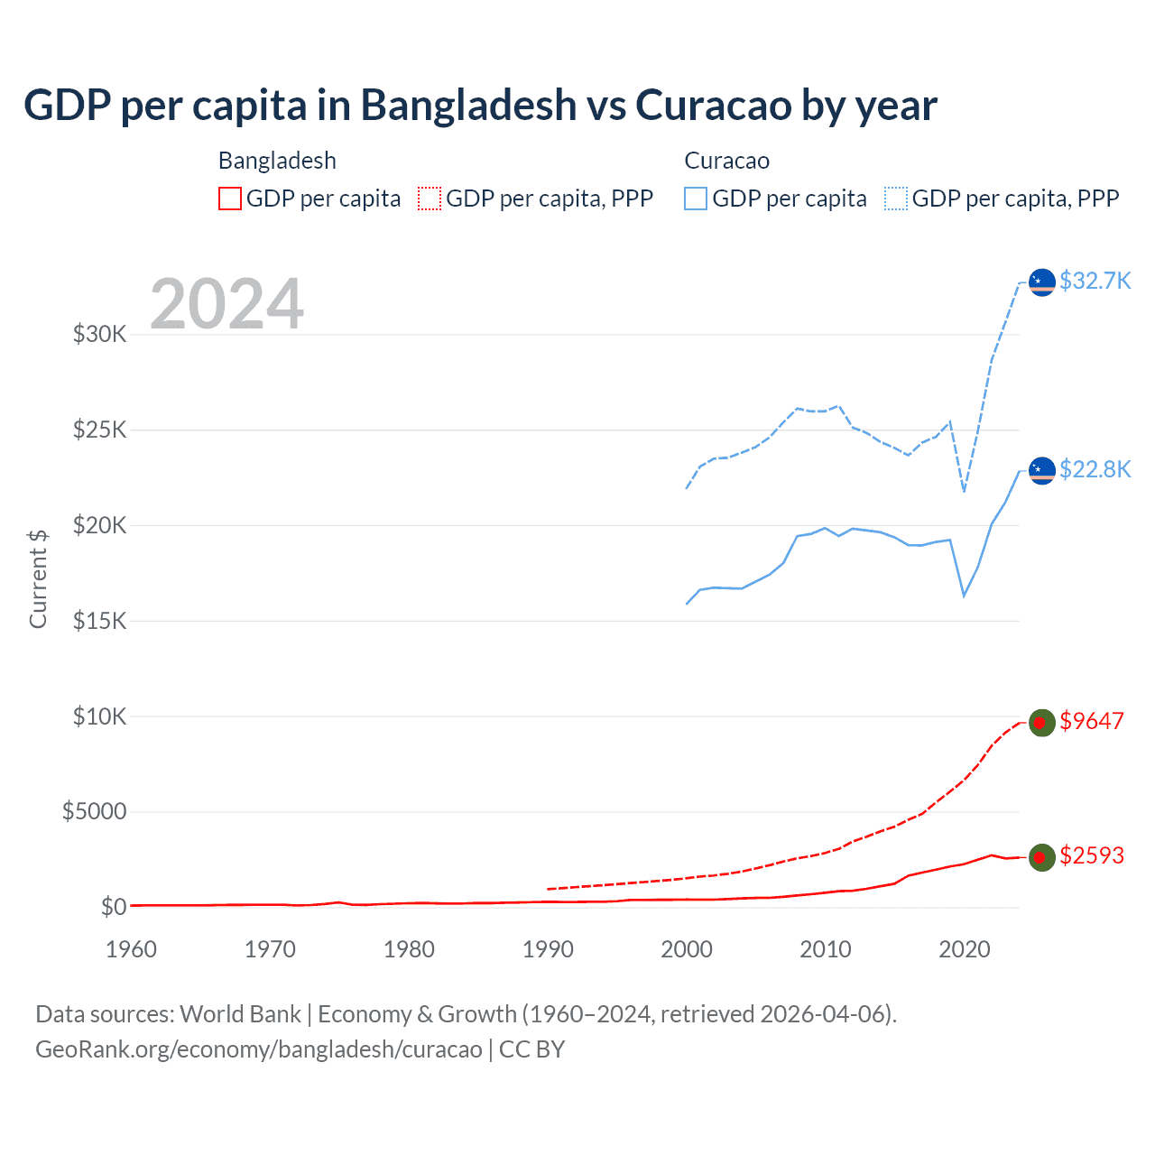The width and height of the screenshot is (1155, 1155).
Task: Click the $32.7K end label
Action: (1095, 281)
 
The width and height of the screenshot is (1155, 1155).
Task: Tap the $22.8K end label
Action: (1095, 469)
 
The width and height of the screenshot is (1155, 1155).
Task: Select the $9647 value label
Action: (1092, 721)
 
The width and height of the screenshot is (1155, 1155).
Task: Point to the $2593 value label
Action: (1092, 855)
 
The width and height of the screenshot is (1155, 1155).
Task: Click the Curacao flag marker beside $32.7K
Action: (1042, 282)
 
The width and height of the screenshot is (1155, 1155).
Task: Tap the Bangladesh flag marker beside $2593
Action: (1042, 857)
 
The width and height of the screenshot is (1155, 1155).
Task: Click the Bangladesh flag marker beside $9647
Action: (1042, 723)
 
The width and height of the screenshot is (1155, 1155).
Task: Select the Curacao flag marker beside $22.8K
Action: (1042, 471)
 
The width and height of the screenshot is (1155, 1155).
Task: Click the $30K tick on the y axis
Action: (100, 335)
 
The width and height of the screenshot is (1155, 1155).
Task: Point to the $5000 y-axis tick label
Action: (94, 811)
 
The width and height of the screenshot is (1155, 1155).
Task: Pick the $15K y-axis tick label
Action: (100, 621)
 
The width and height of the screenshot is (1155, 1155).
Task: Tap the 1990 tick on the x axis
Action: (548, 949)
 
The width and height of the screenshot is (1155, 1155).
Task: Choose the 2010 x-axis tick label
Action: (826, 949)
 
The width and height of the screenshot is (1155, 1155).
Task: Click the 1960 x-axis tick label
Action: (132, 949)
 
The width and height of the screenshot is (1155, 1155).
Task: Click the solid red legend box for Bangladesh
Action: (230, 199)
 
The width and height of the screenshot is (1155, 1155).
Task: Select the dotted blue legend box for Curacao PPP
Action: (896, 199)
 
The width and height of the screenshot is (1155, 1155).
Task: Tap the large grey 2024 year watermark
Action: (226, 304)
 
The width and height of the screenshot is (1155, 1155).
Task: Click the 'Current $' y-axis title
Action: (38, 578)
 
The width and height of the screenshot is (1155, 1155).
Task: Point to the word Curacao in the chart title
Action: (714, 105)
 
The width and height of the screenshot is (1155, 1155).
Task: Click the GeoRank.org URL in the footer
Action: (259, 1049)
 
